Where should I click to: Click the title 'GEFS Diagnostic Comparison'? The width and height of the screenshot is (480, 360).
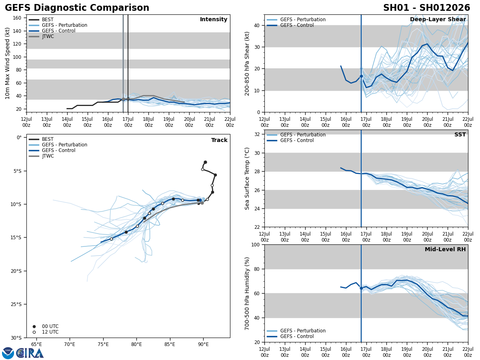[77, 8]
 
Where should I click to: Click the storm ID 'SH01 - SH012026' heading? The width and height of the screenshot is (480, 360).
[426, 8]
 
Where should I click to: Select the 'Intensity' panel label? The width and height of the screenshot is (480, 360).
[213, 20]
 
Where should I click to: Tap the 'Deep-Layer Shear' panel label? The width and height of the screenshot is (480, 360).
[438, 20]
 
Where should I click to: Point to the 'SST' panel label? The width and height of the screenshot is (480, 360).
[460, 135]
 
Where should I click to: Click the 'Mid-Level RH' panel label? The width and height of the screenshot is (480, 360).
[445, 250]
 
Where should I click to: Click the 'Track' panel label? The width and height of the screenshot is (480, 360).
[219, 140]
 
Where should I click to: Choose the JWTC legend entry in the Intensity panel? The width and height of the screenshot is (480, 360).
[48, 36]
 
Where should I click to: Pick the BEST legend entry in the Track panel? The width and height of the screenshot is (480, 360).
[48, 139]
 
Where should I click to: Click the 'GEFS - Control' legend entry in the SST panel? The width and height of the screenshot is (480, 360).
[297, 140]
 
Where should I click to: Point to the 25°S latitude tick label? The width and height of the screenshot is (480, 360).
[16, 304]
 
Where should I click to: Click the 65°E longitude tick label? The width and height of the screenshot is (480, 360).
[36, 344]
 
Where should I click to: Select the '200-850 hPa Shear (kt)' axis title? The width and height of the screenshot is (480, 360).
[248, 63]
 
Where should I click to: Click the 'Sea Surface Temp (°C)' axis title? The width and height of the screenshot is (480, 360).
[248, 178]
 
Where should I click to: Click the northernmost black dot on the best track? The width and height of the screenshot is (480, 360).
[205, 162]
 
